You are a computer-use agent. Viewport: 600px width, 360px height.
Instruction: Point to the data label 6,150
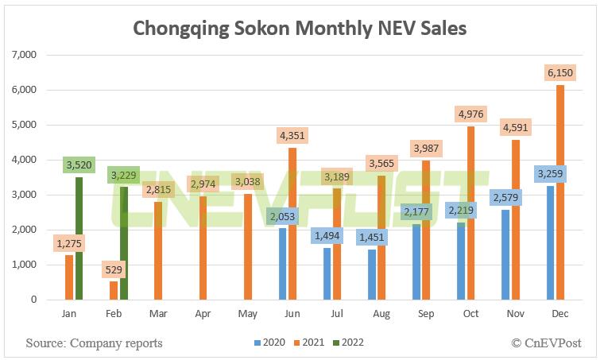tap(559, 72)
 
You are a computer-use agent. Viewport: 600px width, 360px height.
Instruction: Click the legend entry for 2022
tap(346, 343)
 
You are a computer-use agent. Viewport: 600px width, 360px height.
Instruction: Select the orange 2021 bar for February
tap(114, 291)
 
